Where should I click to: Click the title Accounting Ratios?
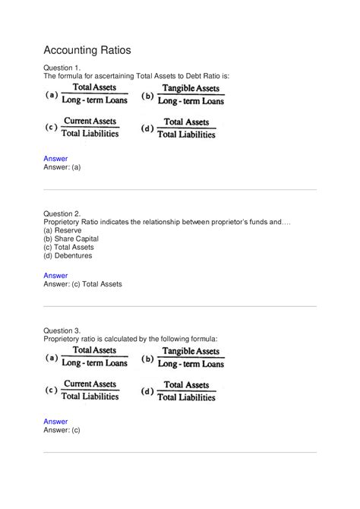pyautogui.click(x=87, y=50)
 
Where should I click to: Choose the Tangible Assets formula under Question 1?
pyautogui.click(x=183, y=94)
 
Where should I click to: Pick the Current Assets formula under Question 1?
pyautogui.click(x=84, y=127)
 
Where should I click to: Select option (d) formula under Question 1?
pyautogui.click(x=179, y=127)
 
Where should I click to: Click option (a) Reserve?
pyautogui.click(x=63, y=230)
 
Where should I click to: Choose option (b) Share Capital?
pyautogui.click(x=71, y=239)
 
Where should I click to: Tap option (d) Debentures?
pyautogui.click(x=68, y=255)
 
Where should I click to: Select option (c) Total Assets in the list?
pyautogui.click(x=68, y=247)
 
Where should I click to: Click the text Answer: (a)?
pyautogui.click(x=62, y=167)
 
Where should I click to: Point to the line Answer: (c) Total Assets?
pyautogui.click(x=83, y=284)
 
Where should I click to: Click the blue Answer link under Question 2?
pyautogui.click(x=55, y=275)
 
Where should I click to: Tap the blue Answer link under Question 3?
pyautogui.click(x=55, y=421)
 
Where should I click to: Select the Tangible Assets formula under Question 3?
pyautogui.click(x=183, y=357)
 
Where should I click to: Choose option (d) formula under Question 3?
pyautogui.click(x=179, y=390)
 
